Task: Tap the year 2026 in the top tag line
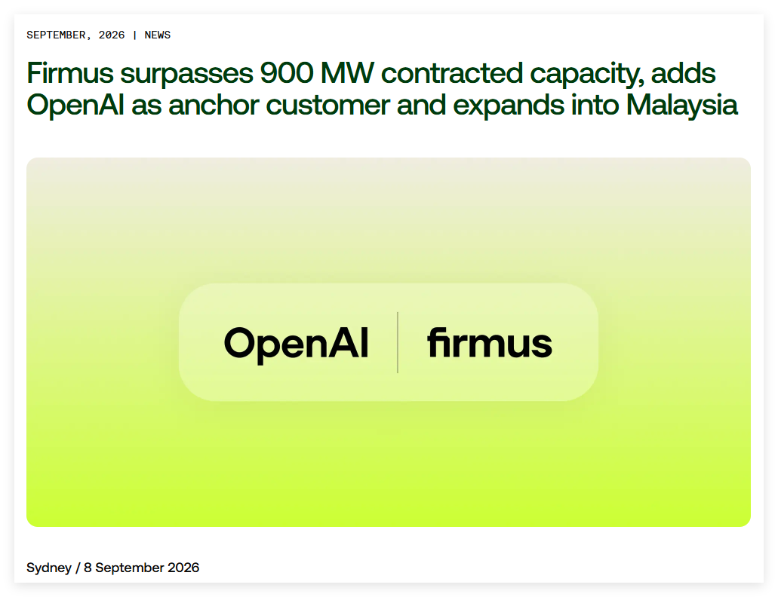click(x=112, y=35)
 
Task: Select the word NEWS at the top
click(x=157, y=35)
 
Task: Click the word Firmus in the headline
click(x=70, y=73)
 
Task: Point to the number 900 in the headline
click(x=287, y=73)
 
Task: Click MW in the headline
click(x=347, y=73)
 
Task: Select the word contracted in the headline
click(x=452, y=73)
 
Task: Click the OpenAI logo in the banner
click(x=297, y=344)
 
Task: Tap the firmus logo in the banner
click(x=490, y=342)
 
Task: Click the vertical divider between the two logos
click(x=398, y=342)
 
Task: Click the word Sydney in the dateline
click(x=49, y=568)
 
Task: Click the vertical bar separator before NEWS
click(x=135, y=35)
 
